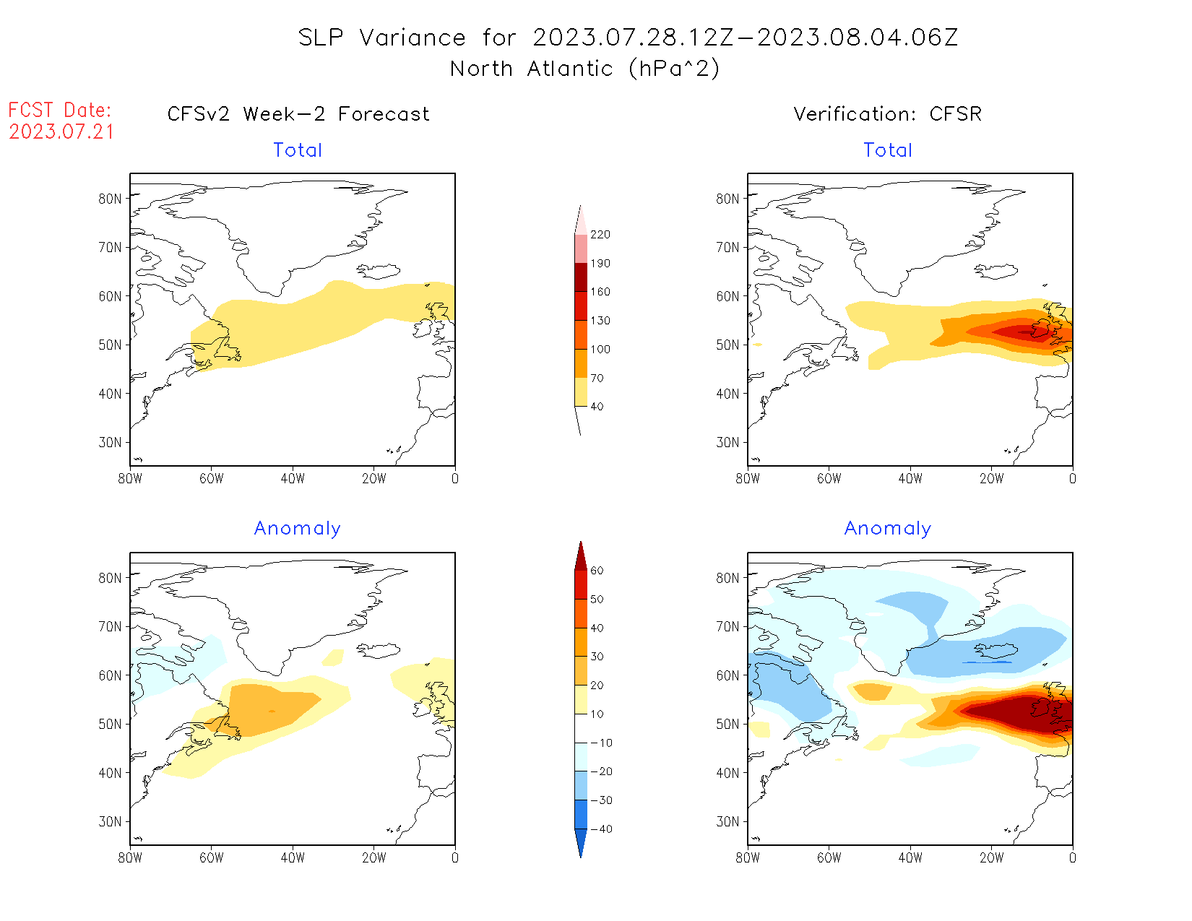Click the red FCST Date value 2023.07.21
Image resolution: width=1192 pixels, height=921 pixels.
61,132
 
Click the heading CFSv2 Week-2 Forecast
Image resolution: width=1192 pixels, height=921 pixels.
298,114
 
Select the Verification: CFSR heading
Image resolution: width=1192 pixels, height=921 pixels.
887,114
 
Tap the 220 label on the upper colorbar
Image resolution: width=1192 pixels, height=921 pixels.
600,235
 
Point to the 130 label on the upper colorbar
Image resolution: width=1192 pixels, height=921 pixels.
600,321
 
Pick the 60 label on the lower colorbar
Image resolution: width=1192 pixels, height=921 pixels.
597,571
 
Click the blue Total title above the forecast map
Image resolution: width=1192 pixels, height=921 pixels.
298,150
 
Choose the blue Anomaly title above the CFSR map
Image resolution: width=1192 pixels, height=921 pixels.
887,529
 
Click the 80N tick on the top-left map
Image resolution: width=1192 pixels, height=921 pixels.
111,199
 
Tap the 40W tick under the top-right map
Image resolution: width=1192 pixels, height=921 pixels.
910,478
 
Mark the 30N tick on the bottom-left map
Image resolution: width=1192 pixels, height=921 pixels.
111,821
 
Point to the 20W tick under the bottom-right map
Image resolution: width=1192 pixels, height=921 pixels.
991,857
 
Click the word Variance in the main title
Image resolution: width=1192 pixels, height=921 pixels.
413,38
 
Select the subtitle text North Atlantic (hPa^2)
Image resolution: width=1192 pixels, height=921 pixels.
584,69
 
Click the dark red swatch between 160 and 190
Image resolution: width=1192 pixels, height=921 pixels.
581,277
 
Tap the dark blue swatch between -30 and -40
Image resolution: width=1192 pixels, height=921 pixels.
581,814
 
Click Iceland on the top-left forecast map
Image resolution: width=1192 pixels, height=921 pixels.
379,271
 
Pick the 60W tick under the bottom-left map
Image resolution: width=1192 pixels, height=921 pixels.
211,857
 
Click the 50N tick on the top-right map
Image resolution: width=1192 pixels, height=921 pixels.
728,345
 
